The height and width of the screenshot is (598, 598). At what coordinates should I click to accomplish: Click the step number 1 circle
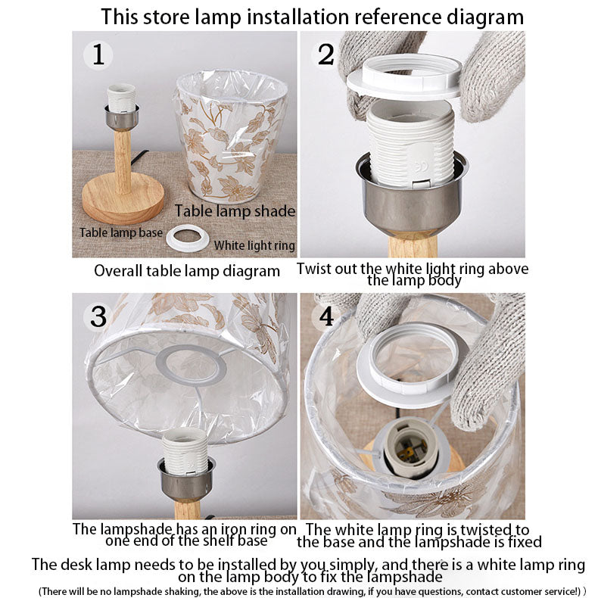[x=98, y=55]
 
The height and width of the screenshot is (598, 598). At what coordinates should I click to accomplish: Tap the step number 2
[x=325, y=55]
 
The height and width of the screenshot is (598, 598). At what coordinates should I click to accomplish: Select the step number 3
[x=98, y=316]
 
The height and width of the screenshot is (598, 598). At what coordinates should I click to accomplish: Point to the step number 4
[x=326, y=316]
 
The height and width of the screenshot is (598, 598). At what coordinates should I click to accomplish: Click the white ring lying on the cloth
[x=188, y=238]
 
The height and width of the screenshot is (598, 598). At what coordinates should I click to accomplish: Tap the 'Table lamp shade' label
[x=235, y=211]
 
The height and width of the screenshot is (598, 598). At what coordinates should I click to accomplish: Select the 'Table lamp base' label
[x=121, y=232]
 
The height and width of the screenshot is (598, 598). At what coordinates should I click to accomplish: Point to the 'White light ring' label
[x=254, y=245]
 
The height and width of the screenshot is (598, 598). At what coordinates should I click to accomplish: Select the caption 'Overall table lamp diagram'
[x=187, y=271]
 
